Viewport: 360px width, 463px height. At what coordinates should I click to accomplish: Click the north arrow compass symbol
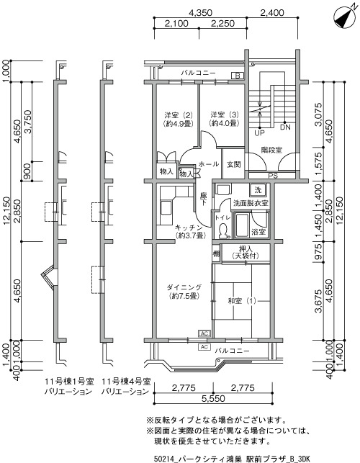pyautogui.click(x=344, y=17)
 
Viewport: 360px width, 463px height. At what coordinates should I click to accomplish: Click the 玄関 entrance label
pyautogui.click(x=233, y=164)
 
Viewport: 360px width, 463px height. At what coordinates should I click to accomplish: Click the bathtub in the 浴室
pyautogui.click(x=241, y=225)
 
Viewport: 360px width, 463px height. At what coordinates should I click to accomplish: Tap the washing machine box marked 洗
pyautogui.click(x=258, y=190)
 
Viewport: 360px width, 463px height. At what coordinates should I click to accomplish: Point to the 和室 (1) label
pyautogui.click(x=242, y=301)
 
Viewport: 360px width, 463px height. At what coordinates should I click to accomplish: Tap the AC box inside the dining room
pyautogui.click(x=204, y=333)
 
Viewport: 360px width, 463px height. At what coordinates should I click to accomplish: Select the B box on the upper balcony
pyautogui.click(x=238, y=76)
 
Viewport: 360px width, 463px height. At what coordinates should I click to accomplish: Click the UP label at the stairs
pyautogui.click(x=260, y=133)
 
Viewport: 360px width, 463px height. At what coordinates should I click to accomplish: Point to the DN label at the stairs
pyautogui.click(x=285, y=127)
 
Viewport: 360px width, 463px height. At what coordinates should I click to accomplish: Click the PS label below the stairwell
pyautogui.click(x=273, y=176)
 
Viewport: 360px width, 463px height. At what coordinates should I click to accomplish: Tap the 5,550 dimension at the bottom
pyautogui.click(x=213, y=399)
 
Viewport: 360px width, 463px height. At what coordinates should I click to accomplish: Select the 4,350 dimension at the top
pyautogui.click(x=201, y=13)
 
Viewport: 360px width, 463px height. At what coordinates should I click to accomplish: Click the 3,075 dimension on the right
pyautogui.click(x=318, y=114)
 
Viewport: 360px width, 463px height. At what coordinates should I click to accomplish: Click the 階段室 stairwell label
pyautogui.click(x=271, y=150)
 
